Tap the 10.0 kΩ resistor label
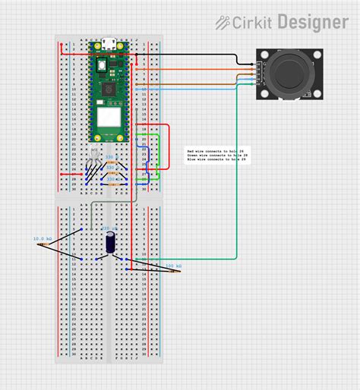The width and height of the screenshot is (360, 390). point(42,238)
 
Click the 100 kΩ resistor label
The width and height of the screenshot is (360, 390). point(173,266)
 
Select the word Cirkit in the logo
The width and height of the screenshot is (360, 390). point(254,23)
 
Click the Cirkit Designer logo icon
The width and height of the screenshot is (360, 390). point(223,23)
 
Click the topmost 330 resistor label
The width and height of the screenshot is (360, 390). point(109,157)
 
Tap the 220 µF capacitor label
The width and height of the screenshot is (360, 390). point(109,227)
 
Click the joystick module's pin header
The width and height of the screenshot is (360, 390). point(256,74)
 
